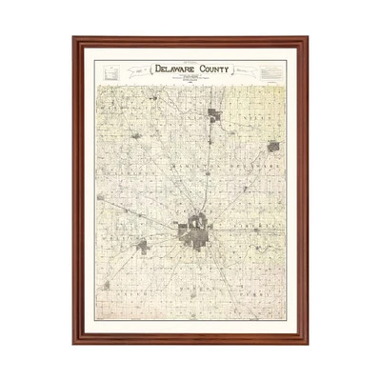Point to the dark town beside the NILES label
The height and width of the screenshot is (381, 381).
[x=274, y=148]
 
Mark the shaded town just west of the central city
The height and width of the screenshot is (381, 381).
[x=143, y=246]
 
